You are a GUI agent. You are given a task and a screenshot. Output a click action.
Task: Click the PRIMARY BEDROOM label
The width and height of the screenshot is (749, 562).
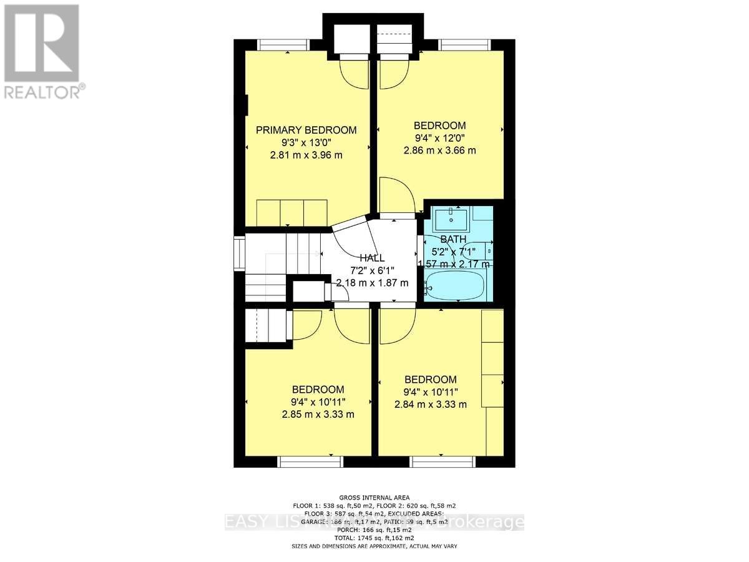point(306,130)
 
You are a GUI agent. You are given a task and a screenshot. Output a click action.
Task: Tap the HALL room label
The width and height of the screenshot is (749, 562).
point(372,258)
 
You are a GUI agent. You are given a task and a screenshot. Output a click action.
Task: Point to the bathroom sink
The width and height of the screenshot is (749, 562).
point(451,219)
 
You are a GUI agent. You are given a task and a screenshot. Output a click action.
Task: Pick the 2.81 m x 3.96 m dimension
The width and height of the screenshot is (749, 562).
point(306,155)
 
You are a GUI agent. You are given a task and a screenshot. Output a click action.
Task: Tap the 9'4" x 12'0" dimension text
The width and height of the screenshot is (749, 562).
point(441,138)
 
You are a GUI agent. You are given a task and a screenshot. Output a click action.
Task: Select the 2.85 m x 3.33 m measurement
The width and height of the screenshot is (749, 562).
point(318,414)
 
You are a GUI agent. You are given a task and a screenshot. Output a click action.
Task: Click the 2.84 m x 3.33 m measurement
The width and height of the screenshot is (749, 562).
point(431,404)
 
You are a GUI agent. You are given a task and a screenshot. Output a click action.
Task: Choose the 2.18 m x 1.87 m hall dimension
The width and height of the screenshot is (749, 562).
point(372,283)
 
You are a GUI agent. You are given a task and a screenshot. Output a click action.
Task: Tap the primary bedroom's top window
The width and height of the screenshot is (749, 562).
point(284,44)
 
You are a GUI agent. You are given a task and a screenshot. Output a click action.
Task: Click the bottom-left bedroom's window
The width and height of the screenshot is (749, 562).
point(310,461)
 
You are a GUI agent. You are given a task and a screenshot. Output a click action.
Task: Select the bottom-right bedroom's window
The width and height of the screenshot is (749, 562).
point(442,461)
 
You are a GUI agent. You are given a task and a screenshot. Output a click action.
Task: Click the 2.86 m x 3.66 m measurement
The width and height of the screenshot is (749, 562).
point(441,150)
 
